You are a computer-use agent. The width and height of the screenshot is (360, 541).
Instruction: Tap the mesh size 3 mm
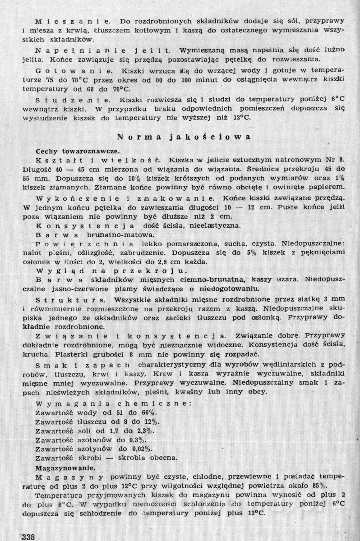tap(336, 300)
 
